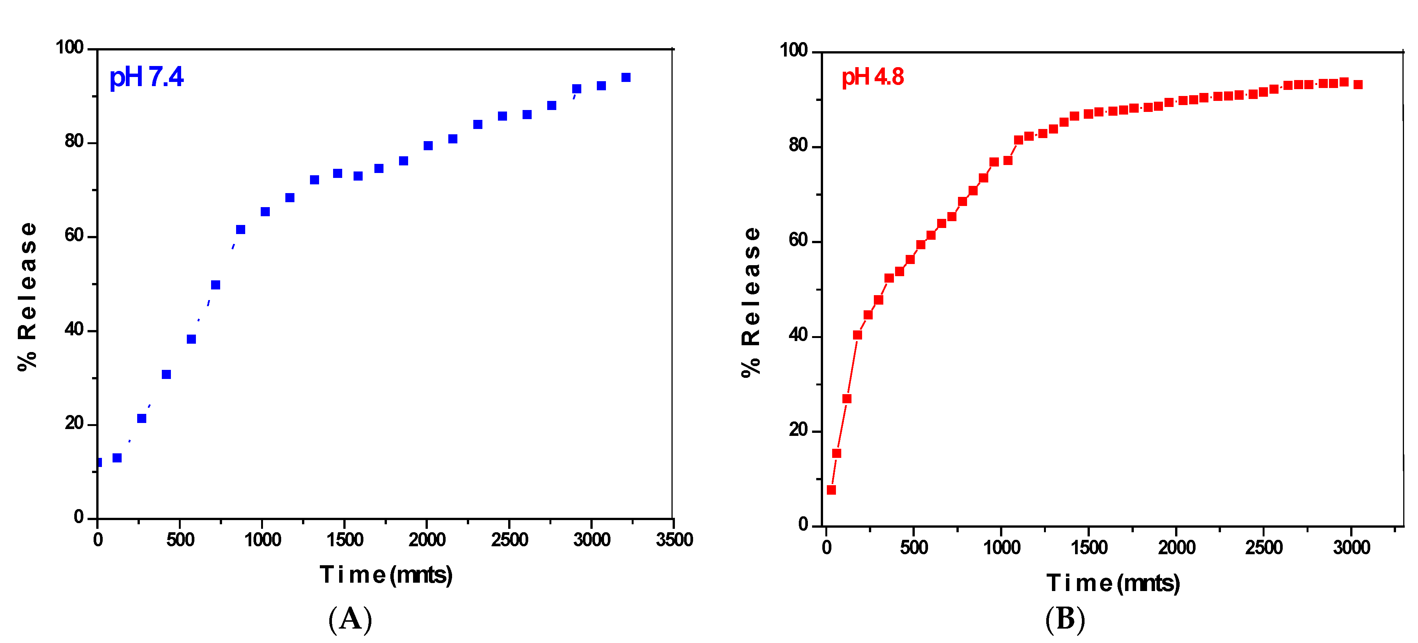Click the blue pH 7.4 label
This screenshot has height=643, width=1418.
point(146,77)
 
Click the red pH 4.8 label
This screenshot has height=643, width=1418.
point(872,77)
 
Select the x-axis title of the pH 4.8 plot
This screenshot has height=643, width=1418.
point(1113,583)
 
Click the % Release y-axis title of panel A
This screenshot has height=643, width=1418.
point(28,296)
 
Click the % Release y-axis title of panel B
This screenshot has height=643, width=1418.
point(751,302)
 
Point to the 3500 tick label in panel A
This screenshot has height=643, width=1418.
point(674,540)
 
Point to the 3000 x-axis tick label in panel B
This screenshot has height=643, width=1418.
point(1351,548)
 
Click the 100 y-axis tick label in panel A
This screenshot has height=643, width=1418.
point(70,47)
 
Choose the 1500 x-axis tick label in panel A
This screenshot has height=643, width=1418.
point(344,540)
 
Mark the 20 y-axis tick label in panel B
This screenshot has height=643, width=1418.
point(798,430)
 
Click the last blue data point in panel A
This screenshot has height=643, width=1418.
point(626,78)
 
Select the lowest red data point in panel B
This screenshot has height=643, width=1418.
point(831,490)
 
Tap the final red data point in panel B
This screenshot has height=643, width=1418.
point(1358,85)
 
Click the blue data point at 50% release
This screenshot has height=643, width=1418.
point(216,285)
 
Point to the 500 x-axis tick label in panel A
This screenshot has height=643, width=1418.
point(180,540)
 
